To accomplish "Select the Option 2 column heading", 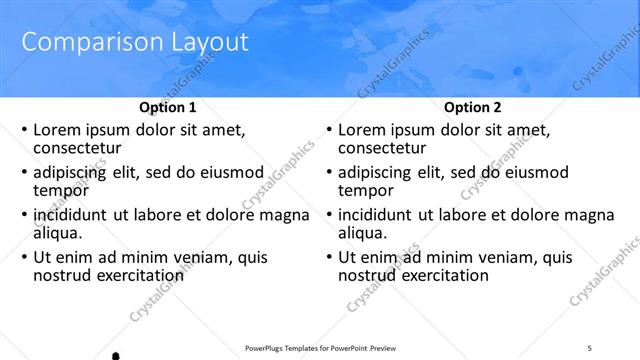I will [473, 107].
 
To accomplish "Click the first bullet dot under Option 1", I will [24, 130].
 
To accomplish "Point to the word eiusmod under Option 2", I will [533, 172].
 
